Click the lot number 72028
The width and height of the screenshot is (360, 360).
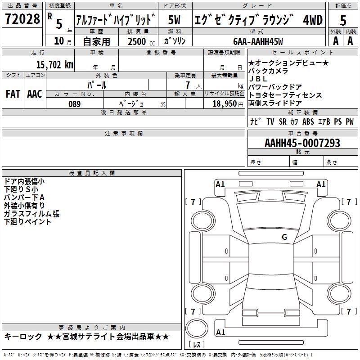pyautogui.click(x=22, y=20)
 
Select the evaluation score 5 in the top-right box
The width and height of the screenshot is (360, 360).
pyautogui.click(x=343, y=20)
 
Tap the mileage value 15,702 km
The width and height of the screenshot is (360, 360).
pyautogui.click(x=54, y=64)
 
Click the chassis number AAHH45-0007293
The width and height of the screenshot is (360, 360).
pyautogui.click(x=302, y=143)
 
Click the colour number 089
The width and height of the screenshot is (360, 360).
pyautogui.click(x=74, y=104)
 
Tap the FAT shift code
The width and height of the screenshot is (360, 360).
pyautogui.click(x=13, y=94)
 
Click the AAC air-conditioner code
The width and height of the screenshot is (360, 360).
pyautogui.click(x=34, y=94)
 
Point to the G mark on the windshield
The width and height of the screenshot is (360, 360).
pyautogui.click(x=284, y=237)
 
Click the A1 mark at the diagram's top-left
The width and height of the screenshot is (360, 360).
pyautogui.click(x=220, y=184)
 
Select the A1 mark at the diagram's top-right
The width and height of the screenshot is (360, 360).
pyautogui.click(x=321, y=184)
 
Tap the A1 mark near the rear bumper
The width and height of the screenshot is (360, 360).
pyautogui.click(x=220, y=333)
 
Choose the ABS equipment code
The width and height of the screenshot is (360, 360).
pyautogui.click(x=308, y=121)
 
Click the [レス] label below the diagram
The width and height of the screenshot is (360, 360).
pyautogui.click(x=198, y=345)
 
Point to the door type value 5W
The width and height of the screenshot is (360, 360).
pyautogui.click(x=174, y=20)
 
